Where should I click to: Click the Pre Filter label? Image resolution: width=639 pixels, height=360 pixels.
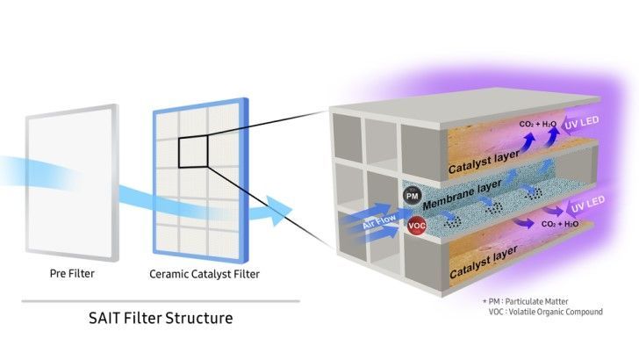pos(71,274)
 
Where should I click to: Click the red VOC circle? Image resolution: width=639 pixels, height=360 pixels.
pos(417,227)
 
